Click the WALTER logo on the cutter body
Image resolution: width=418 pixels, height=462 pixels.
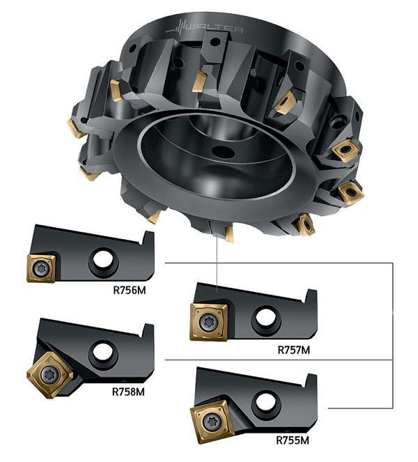204,29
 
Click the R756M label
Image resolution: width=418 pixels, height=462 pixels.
130,291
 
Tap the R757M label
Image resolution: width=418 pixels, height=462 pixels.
294,350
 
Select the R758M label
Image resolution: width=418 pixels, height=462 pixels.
128,392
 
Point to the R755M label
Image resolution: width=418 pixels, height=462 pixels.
293,440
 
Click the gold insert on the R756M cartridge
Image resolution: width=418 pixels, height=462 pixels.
41,268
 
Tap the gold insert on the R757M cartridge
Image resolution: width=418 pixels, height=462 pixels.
209,322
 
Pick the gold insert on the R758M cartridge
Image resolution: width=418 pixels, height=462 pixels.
49,375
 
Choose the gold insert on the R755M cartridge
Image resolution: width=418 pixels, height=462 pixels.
212,422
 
